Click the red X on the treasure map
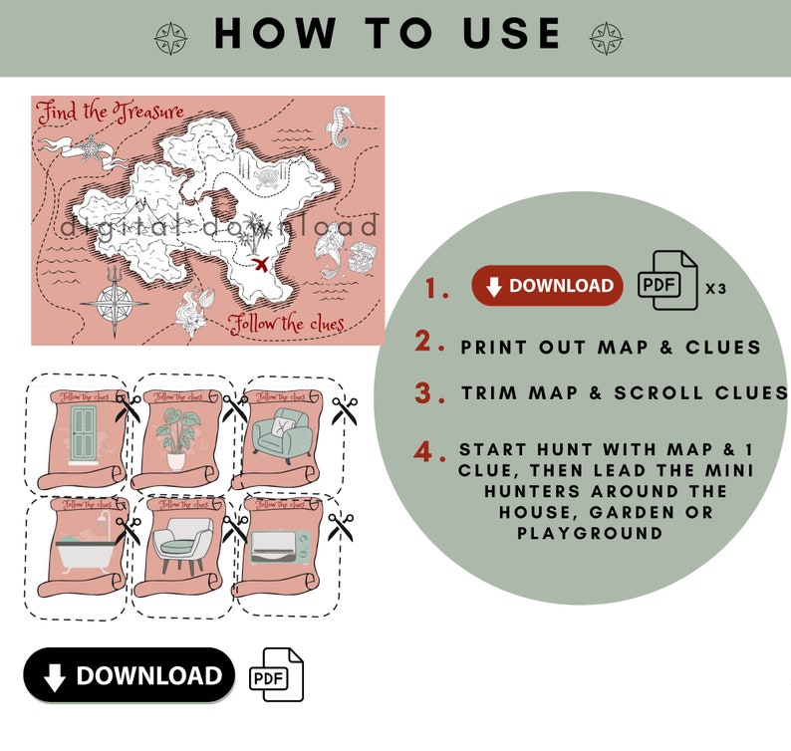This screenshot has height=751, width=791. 261,264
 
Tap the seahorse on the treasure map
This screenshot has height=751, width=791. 339,126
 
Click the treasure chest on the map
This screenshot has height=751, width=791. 366,256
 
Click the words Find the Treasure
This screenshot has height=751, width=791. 110,113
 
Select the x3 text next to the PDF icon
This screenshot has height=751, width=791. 715,288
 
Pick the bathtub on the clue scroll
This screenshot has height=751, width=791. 80,549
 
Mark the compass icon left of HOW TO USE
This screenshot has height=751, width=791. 170,38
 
